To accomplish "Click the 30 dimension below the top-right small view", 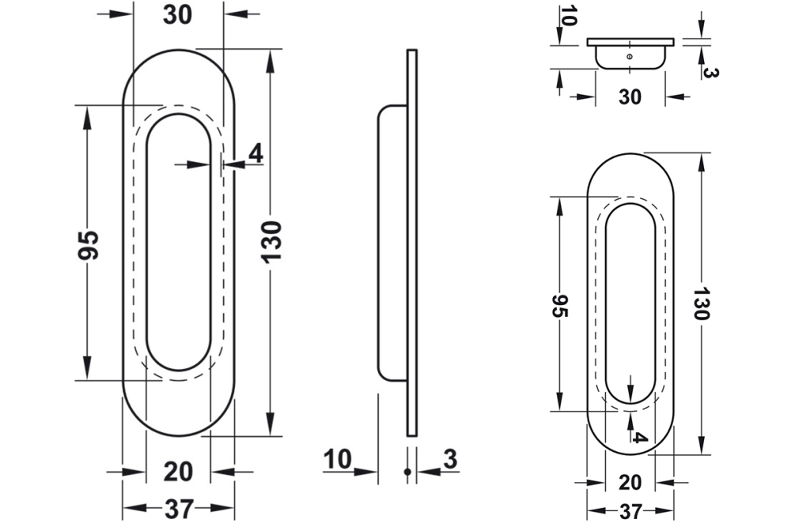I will tap(630, 96).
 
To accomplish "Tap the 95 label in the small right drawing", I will tap(559, 305).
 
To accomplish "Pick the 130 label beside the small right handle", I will tap(700, 303).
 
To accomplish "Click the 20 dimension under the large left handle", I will tap(178, 472).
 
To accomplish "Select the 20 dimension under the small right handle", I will tap(630, 482).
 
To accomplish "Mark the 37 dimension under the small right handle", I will tap(630, 512).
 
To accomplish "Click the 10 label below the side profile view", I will tap(338, 459).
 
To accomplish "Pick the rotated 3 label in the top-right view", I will tap(710, 72).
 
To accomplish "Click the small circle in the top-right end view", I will tap(629, 57).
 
